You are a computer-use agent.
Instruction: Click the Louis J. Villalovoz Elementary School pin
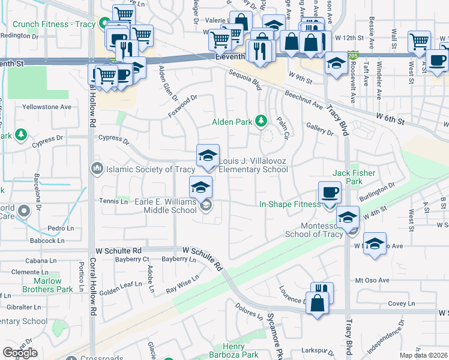(208, 156)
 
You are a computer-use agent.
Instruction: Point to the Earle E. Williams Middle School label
(162, 206)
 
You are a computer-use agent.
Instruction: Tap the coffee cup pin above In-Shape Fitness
(329, 193)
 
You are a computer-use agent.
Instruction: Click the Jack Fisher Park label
(354, 177)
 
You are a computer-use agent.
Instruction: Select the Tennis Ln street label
(113, 202)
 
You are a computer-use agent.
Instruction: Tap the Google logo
(20, 353)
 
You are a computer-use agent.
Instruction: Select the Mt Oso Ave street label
(372, 280)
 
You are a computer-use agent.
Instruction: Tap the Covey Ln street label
(397, 304)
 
